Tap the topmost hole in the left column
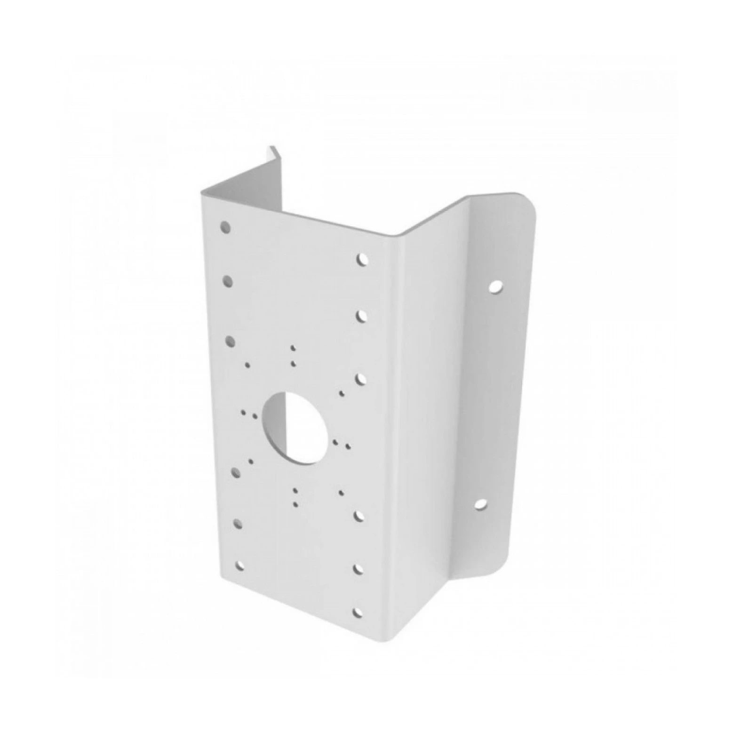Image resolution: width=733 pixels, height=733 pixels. coord(226,228)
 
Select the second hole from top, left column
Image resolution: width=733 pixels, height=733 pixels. coord(228,281)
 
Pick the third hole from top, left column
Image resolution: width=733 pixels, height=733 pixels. coord(231,341)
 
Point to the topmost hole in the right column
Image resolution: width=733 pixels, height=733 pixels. coord(361,259)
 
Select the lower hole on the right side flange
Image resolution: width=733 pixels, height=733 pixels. coord(480,505)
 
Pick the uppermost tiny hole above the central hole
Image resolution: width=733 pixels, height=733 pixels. coord(293,349)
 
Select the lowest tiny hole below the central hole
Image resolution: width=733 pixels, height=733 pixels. coord(295,504)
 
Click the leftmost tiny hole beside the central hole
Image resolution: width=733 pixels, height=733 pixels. coord(243,413)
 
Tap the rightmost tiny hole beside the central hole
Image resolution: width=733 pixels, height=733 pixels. coord(348,445)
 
